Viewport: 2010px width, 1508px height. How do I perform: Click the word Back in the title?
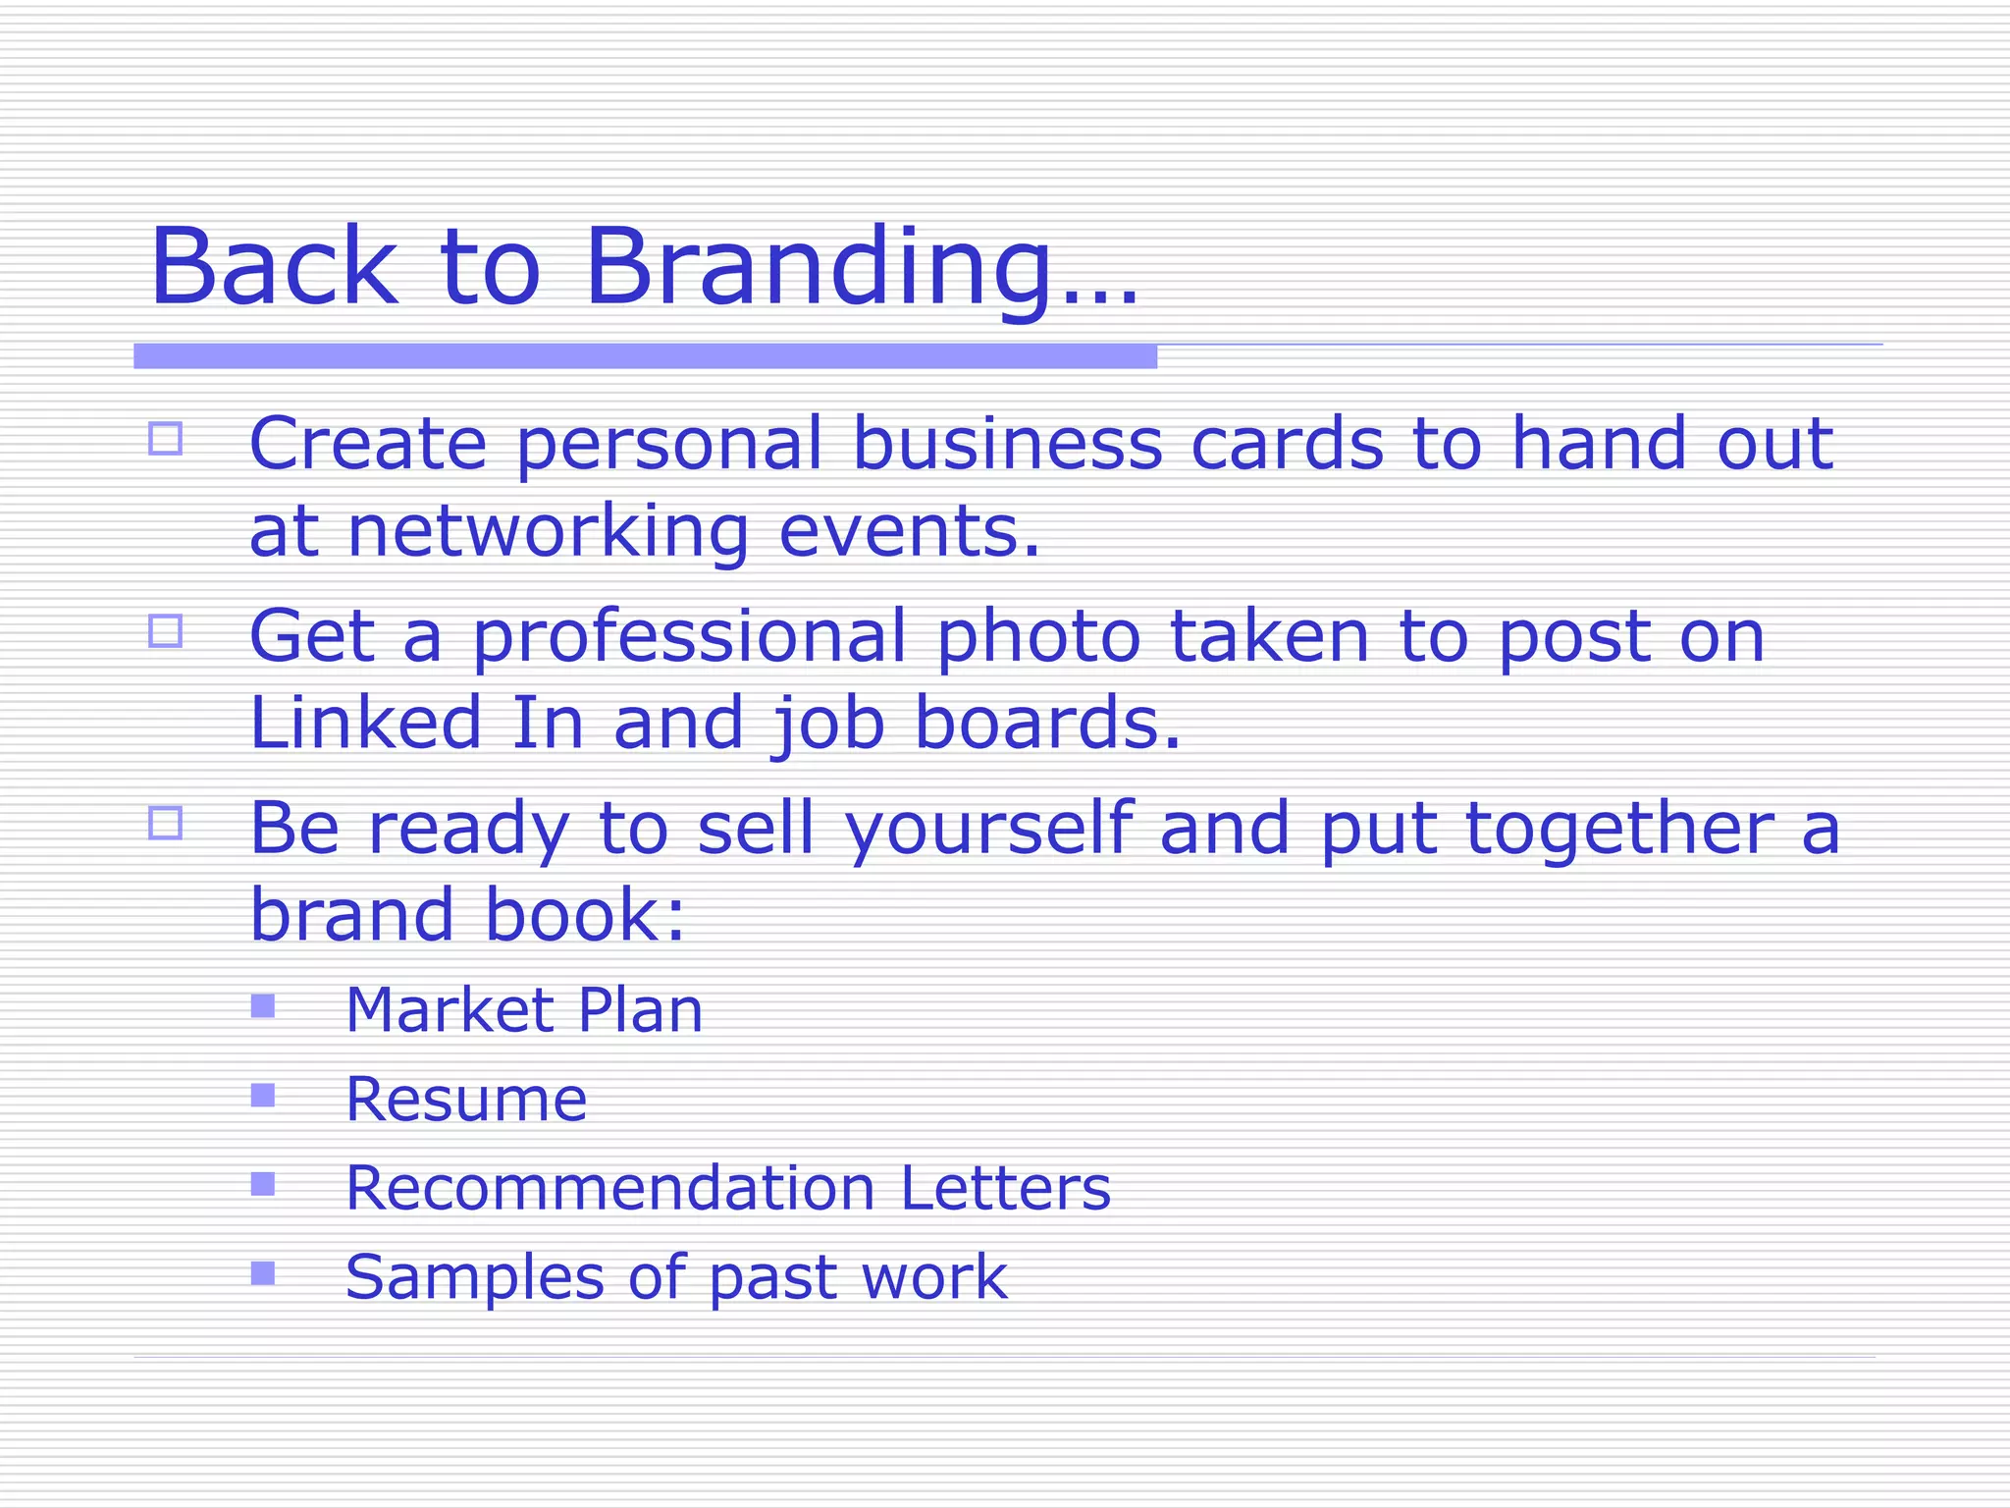(273, 267)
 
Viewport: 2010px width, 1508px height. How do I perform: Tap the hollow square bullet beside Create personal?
(166, 438)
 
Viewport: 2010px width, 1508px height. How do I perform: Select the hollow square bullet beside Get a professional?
(166, 630)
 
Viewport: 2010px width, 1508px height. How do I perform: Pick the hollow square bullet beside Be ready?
(166, 823)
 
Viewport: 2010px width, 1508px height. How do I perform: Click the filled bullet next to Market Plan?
(263, 1006)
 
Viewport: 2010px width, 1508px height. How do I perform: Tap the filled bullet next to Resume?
(263, 1095)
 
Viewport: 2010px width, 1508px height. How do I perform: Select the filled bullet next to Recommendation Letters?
(263, 1184)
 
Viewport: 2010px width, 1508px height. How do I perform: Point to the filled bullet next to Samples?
(263, 1273)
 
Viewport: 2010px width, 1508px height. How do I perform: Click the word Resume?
(466, 1099)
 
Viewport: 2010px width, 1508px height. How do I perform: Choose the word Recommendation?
(609, 1188)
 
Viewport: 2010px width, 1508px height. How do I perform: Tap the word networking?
(548, 531)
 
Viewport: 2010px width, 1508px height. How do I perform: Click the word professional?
(690, 636)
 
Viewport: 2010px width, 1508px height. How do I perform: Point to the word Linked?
(366, 722)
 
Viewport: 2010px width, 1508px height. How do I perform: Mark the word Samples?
(474, 1277)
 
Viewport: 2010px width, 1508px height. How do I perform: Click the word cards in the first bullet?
(1287, 444)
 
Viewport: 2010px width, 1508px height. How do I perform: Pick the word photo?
(1038, 636)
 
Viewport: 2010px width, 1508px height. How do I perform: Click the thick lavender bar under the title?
(645, 356)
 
